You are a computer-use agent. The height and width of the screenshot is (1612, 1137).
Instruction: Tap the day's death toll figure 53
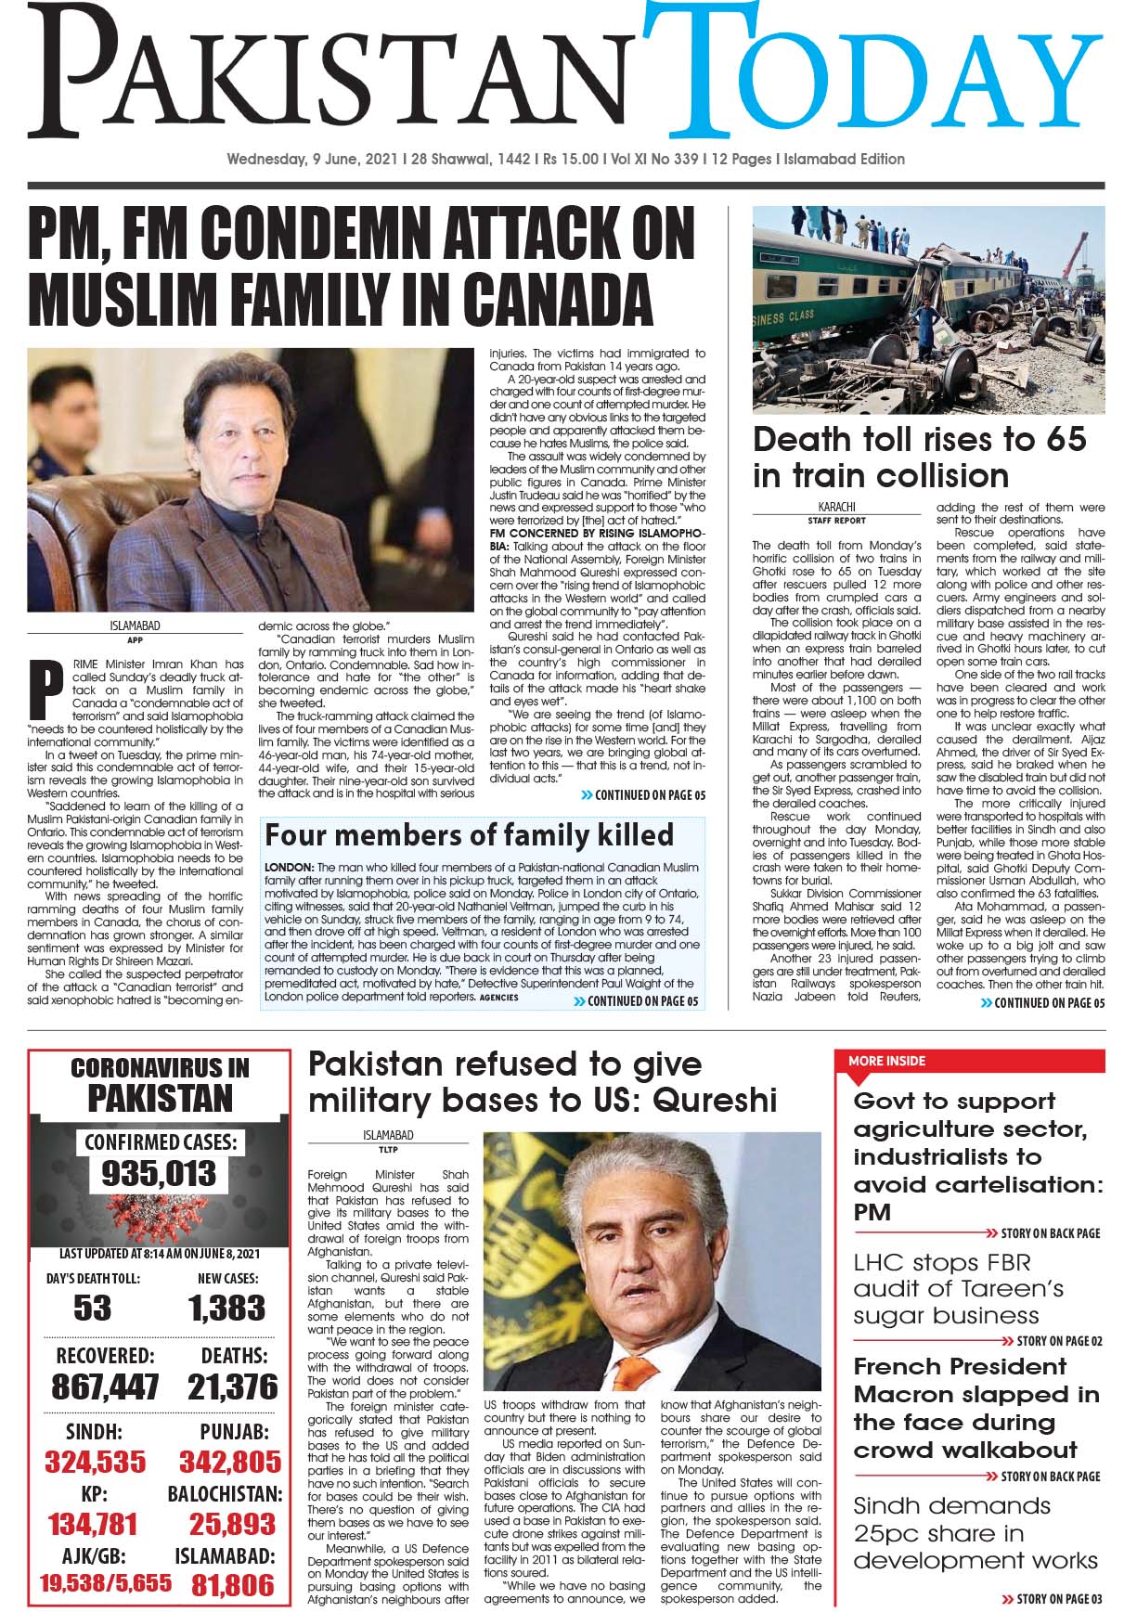point(92,1308)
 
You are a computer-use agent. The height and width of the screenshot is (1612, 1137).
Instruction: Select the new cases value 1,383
point(227,1308)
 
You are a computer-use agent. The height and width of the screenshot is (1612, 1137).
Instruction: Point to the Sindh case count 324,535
point(97,1462)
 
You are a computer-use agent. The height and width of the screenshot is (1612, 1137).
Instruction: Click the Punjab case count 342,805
point(229,1462)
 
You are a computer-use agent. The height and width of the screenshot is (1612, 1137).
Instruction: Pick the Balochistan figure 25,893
point(232,1524)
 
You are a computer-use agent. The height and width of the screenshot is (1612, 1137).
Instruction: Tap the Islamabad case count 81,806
point(232,1584)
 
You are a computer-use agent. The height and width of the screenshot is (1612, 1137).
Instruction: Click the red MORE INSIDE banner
point(886,1061)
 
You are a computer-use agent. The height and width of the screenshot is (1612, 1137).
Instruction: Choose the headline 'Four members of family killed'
point(469,834)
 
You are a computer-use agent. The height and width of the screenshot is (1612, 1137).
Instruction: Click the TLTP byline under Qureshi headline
point(389,1148)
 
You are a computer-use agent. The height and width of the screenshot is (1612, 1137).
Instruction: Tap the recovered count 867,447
point(105,1386)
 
